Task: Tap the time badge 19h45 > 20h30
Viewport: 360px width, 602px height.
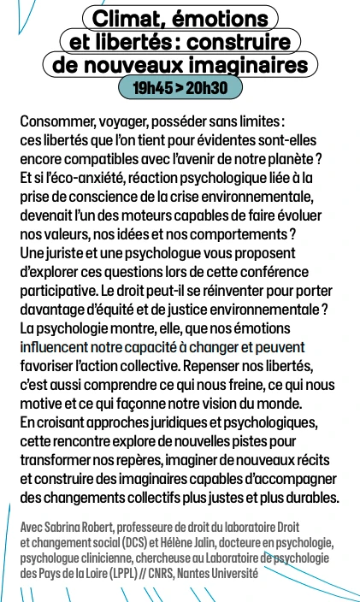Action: pos(180,87)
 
